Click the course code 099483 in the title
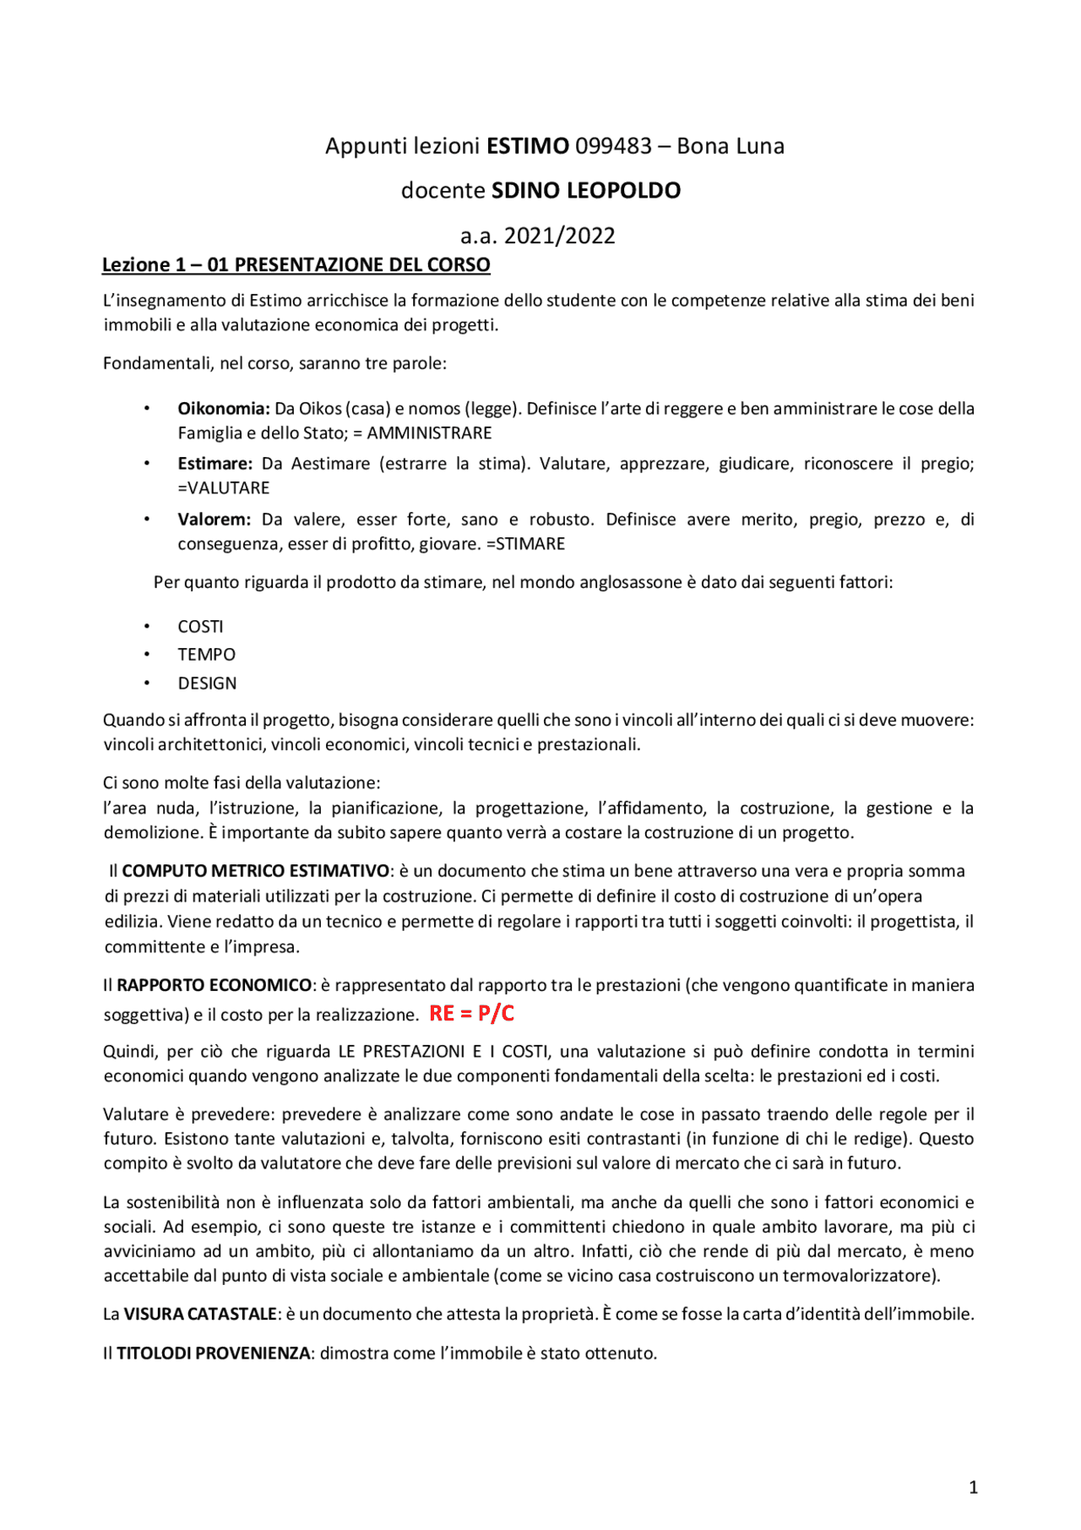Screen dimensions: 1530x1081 (x=613, y=146)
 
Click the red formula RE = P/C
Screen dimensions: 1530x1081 (x=471, y=1013)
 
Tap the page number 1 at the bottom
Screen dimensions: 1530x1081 (x=973, y=1488)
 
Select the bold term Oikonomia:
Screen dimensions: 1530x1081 (x=223, y=409)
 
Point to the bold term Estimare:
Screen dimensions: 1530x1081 (x=215, y=464)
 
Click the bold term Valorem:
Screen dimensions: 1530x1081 (x=214, y=520)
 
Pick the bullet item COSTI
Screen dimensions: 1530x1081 (x=200, y=627)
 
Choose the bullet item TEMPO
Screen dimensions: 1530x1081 (x=206, y=655)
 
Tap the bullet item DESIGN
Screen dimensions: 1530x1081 (x=207, y=683)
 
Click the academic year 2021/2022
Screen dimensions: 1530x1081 (x=538, y=236)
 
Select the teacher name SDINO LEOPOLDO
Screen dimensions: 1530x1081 (x=586, y=191)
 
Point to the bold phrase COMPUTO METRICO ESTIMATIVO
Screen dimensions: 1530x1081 (x=256, y=871)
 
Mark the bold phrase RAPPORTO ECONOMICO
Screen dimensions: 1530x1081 (x=214, y=985)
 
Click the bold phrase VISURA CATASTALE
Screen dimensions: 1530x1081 (x=200, y=1315)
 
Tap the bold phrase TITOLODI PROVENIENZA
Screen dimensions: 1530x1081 (x=213, y=1353)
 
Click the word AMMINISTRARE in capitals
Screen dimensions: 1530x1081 (x=429, y=433)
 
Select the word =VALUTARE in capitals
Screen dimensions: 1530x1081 (x=224, y=488)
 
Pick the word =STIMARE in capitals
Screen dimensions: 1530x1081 (x=525, y=544)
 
